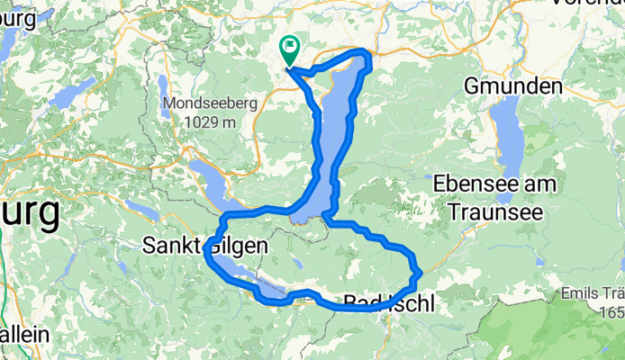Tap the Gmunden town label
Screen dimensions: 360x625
pyautogui.click(x=512, y=87)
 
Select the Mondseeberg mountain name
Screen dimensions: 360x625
pyautogui.click(x=209, y=104)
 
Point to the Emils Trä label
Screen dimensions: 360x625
pyautogui.click(x=592, y=293)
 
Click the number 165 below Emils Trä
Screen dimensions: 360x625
pyautogui.click(x=611, y=311)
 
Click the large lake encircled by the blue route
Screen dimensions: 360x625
pyautogui.click(x=333, y=135)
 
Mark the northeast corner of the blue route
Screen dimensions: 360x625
pyautogui.click(x=367, y=54)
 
